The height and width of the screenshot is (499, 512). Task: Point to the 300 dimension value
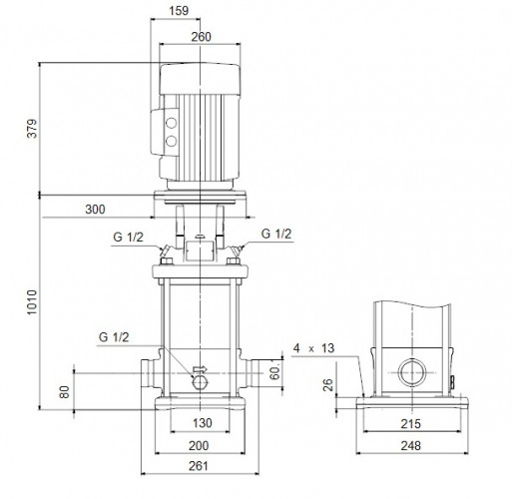click(96, 211)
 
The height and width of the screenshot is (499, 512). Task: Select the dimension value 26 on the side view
click(329, 385)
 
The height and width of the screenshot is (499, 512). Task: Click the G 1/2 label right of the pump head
click(276, 234)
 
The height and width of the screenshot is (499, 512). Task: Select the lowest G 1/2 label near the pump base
click(115, 335)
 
